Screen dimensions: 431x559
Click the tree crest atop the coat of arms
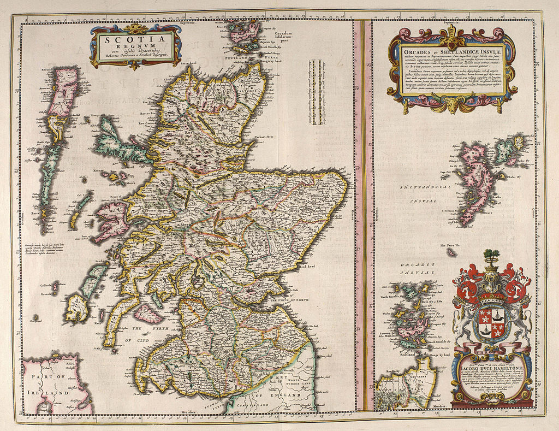click(x=492, y=255)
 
